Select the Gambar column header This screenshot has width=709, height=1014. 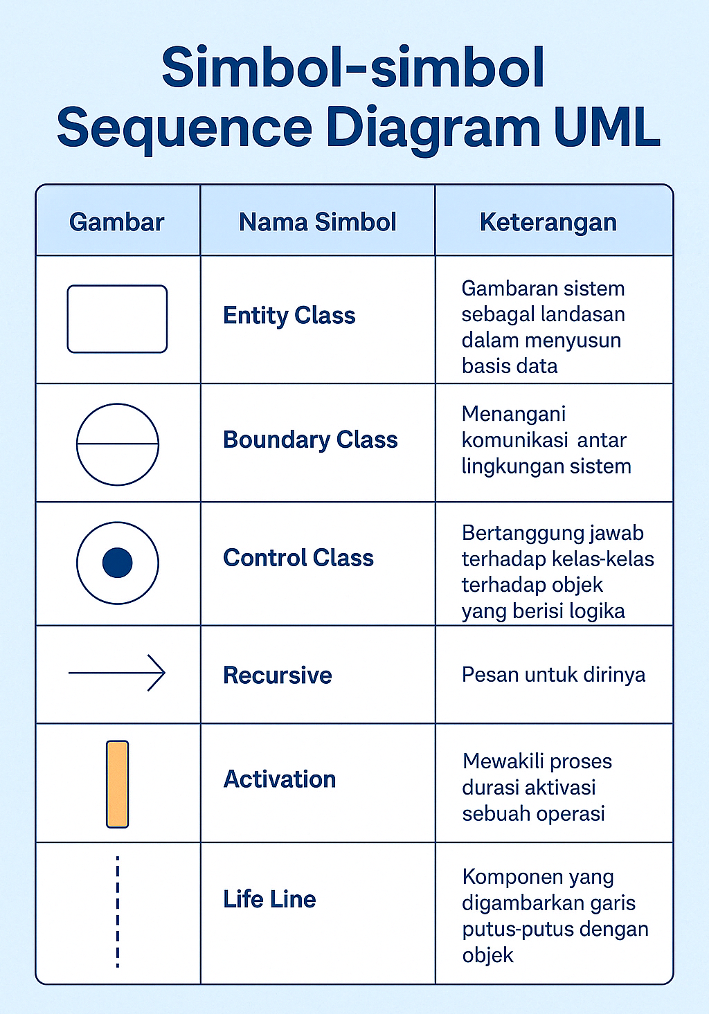tap(116, 221)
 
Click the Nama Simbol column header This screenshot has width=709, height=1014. tap(317, 221)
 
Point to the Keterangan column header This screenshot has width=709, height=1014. tap(548, 223)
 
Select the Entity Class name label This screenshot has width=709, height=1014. tap(289, 316)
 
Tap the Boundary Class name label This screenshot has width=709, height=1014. tap(310, 440)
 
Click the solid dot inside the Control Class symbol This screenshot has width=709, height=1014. tap(117, 563)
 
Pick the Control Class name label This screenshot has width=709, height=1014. tap(298, 558)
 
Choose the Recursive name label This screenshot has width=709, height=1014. tap(278, 676)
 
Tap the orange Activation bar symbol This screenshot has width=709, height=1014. tap(117, 784)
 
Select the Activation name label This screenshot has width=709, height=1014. tap(280, 779)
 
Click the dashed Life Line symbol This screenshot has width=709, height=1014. tap(118, 912)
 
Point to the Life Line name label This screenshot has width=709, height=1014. tap(269, 899)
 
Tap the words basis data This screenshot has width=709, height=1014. tap(510, 366)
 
